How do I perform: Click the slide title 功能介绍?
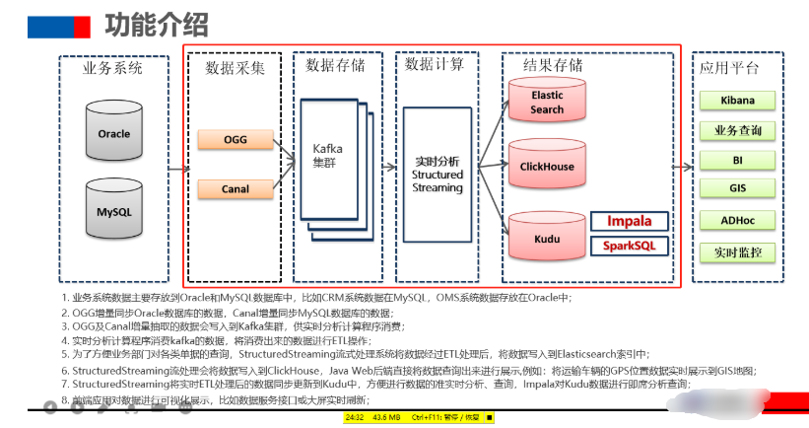click(x=155, y=24)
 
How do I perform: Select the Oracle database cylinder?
click(x=113, y=134)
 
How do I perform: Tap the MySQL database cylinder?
click(x=113, y=211)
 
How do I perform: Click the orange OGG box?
click(x=236, y=139)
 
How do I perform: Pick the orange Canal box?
click(x=236, y=188)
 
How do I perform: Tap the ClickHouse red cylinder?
click(x=547, y=167)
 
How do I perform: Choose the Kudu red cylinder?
click(x=547, y=238)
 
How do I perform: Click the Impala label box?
click(x=630, y=221)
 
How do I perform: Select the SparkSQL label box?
click(x=630, y=245)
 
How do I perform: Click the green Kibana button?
click(x=738, y=101)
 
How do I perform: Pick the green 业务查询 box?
click(x=738, y=130)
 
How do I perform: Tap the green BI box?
click(x=738, y=159)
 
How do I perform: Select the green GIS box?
click(x=738, y=188)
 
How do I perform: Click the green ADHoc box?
click(x=738, y=221)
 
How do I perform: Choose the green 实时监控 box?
click(x=738, y=252)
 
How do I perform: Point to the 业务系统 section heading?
click(x=113, y=68)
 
